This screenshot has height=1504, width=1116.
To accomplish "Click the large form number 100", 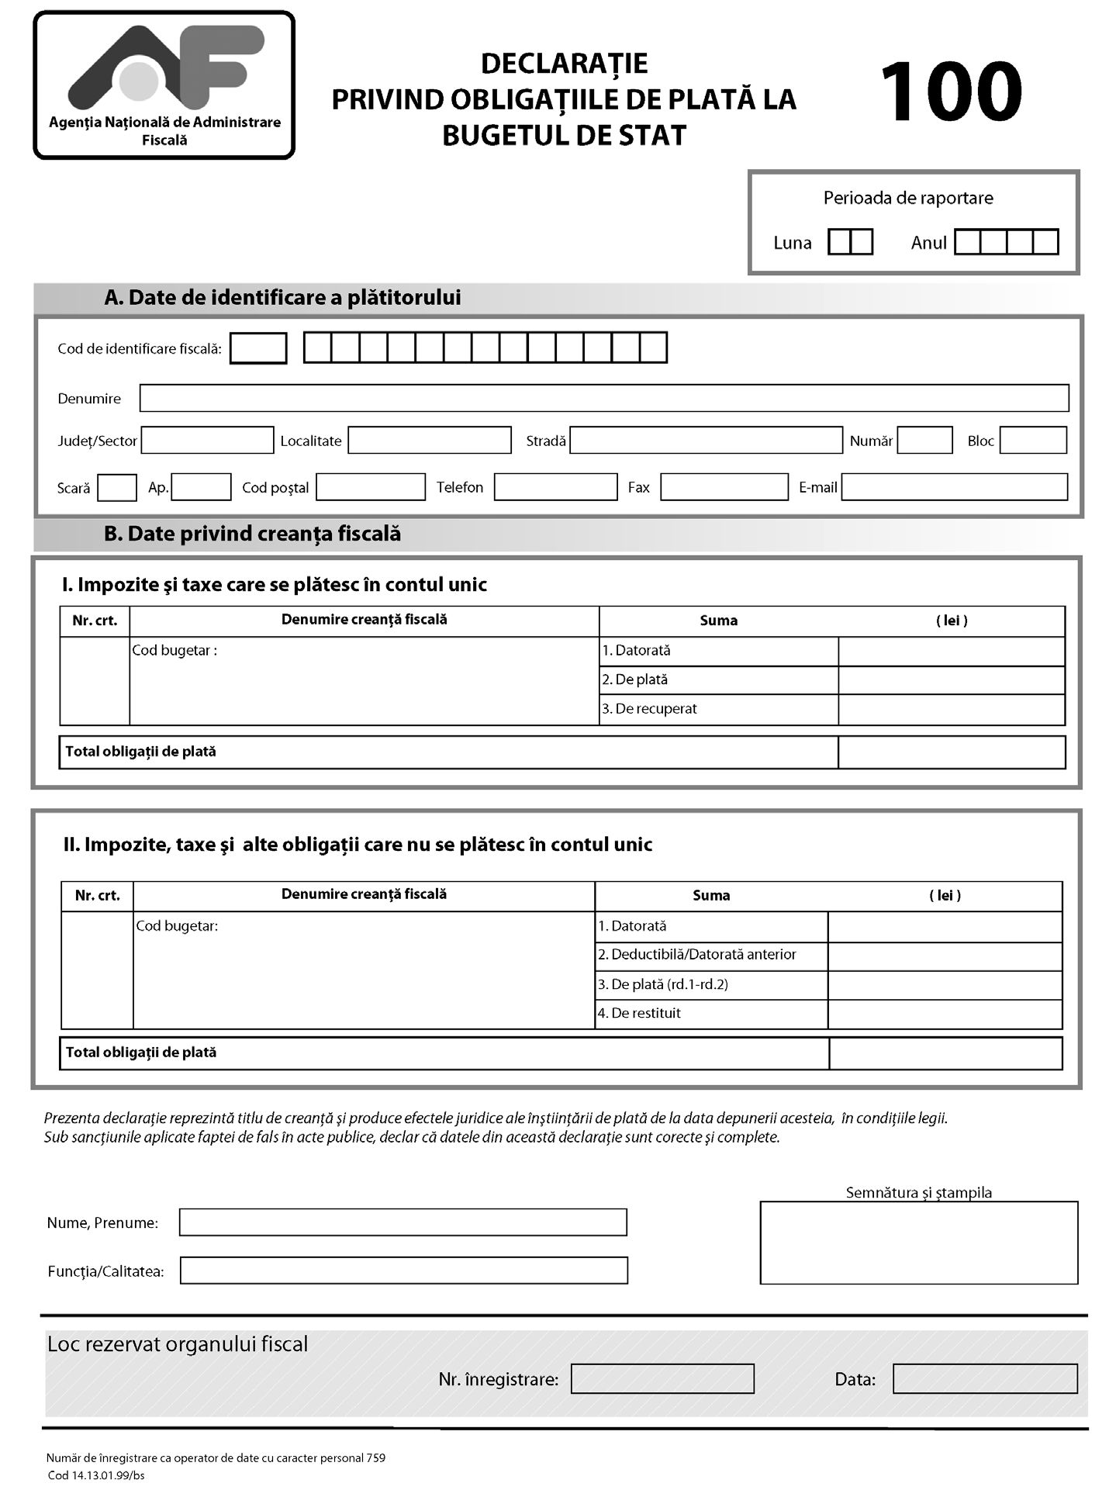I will click(951, 92).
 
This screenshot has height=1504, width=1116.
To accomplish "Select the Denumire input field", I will click(603, 398).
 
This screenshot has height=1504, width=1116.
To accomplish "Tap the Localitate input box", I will click(429, 440).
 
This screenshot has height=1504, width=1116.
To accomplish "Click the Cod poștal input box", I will click(370, 487).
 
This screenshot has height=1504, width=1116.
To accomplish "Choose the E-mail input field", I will click(954, 487).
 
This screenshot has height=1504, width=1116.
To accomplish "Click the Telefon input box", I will click(555, 487).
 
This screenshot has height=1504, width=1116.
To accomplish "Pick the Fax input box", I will click(724, 487).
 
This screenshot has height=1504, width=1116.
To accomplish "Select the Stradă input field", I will click(706, 440).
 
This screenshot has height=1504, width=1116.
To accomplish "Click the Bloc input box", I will click(1033, 440).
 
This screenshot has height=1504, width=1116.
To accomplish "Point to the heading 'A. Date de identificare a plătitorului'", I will click(282, 298).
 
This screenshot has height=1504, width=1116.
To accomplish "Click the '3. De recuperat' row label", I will click(649, 709).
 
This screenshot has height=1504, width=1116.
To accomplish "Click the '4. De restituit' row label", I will click(639, 1014).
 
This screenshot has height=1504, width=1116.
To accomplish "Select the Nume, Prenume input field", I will click(403, 1222).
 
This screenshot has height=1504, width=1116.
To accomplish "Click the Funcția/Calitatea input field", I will click(403, 1271).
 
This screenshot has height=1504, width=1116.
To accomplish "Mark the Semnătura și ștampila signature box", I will click(918, 1243).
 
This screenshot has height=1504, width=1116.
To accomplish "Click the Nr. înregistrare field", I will click(662, 1378).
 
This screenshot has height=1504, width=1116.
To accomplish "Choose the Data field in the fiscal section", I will click(984, 1378).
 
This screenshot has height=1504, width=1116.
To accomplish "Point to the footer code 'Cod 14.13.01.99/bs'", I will click(96, 1475).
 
